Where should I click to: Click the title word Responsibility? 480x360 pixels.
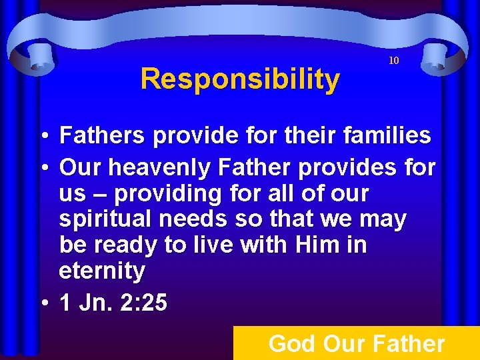click(240, 79)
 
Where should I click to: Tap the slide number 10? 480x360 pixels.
click(394, 61)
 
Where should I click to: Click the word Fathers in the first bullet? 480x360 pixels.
click(101, 136)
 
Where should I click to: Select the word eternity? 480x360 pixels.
click(102, 271)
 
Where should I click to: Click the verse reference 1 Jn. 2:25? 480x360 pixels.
click(113, 303)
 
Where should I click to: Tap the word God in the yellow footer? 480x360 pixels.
click(292, 344)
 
